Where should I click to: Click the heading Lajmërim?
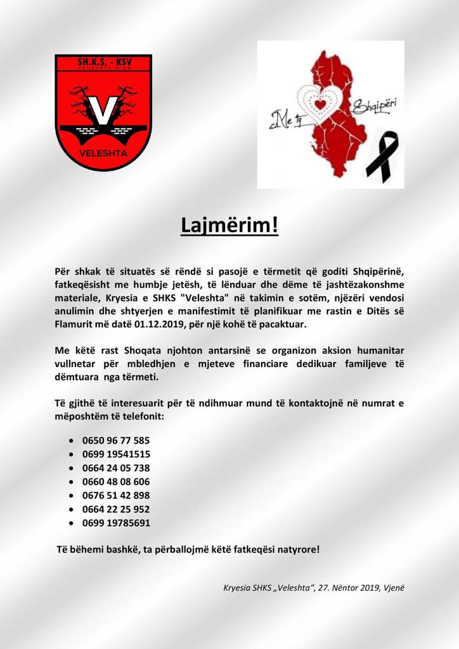(229, 226)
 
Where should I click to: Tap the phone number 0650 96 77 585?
(116, 440)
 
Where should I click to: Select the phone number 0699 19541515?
(116, 454)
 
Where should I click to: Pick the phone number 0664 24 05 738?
(116, 468)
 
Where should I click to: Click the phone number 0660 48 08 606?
(116, 482)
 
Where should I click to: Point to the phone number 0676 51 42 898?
(116, 496)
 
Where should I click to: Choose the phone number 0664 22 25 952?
(116, 509)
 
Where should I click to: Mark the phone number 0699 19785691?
(116, 523)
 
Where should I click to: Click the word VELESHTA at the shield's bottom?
(103, 153)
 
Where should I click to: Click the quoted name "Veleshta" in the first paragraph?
(204, 297)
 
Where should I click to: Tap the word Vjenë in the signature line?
(392, 588)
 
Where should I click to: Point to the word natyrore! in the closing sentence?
(298, 549)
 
